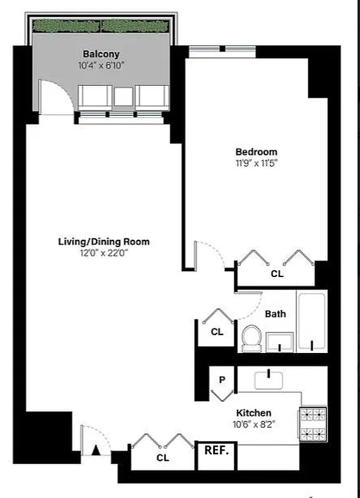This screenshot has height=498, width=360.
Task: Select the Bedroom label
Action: coord(256,152)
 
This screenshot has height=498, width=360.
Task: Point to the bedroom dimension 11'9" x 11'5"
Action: coord(256,164)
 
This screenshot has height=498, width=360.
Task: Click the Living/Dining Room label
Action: coord(104,242)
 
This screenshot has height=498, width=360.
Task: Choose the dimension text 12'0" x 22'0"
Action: coord(104,253)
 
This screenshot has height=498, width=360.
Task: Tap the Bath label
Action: coord(275,314)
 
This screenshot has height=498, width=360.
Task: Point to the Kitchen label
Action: coord(253,413)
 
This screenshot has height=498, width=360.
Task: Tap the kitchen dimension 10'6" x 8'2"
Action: coord(253,425)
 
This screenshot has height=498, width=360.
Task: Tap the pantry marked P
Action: coord(221,378)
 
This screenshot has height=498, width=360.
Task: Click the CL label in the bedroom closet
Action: coord(277,273)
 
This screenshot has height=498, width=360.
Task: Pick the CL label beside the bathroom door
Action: coord(216,332)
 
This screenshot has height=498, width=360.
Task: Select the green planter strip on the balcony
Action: coord(101,26)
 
